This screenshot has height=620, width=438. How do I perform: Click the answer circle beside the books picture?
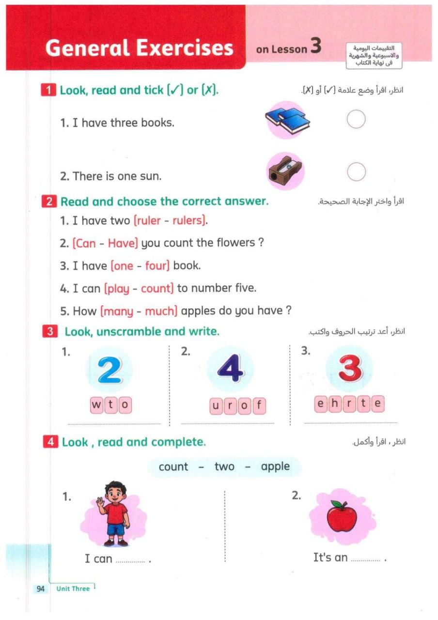click(356, 119)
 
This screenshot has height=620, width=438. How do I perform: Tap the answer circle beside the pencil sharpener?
click(356, 171)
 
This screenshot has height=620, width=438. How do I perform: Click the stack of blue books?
click(288, 120)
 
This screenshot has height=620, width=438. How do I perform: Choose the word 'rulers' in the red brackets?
click(188, 221)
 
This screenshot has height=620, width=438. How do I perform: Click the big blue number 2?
click(110, 371)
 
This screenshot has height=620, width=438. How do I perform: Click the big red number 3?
click(350, 369)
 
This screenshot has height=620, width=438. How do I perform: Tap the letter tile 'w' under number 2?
click(97, 405)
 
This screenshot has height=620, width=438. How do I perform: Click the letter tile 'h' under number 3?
click(335, 403)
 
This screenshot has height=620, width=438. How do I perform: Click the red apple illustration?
click(341, 516)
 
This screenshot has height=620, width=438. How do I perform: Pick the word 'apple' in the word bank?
click(275, 467)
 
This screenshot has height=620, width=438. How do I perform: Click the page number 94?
click(40, 589)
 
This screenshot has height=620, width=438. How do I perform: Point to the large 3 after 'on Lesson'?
click(315, 46)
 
